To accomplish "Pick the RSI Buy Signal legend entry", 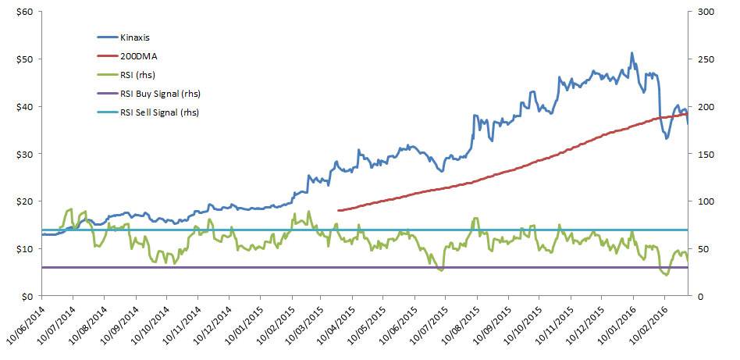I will tap(159, 94).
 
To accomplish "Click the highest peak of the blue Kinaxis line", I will tap(631, 53).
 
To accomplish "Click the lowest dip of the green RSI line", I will tap(665, 275).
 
